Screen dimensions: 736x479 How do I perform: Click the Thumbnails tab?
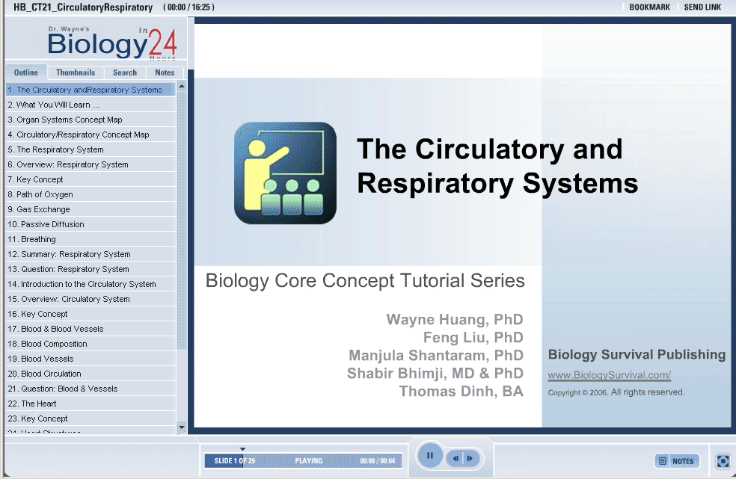[x=75, y=72]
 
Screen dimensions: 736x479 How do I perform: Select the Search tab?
[x=125, y=72]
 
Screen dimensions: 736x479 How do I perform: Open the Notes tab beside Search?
[x=165, y=72]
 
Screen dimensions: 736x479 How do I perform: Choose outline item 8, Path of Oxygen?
[x=40, y=194]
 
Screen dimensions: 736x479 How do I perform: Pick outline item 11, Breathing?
[x=32, y=239]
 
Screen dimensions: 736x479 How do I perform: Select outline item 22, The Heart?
[x=32, y=404]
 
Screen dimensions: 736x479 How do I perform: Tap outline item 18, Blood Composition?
[x=47, y=344]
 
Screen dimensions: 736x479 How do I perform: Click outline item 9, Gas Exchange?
[x=39, y=209]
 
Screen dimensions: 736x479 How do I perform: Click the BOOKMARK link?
[x=650, y=7]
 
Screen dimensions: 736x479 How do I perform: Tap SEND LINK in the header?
[x=702, y=7]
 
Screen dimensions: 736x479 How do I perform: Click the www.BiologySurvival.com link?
[x=610, y=375]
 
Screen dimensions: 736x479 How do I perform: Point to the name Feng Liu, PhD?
[x=473, y=337]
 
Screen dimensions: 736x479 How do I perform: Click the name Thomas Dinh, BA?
[x=461, y=392]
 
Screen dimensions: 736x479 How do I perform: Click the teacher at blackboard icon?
[x=286, y=173]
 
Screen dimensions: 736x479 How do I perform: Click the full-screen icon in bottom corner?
[x=723, y=461]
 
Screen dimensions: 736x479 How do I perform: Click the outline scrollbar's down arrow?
[x=182, y=427]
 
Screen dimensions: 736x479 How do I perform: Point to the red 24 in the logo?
[x=162, y=43]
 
